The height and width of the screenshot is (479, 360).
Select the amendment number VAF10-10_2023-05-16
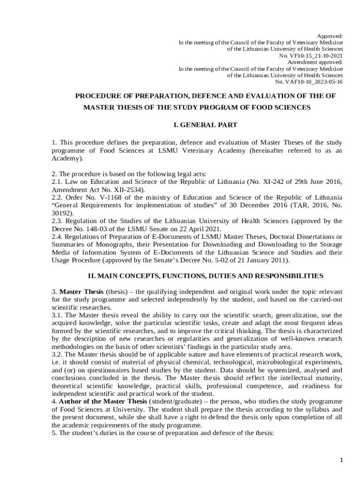pos(315,82)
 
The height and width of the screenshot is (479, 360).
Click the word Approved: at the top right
pos(330,36)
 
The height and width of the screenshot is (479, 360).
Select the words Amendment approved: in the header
pos(315,62)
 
